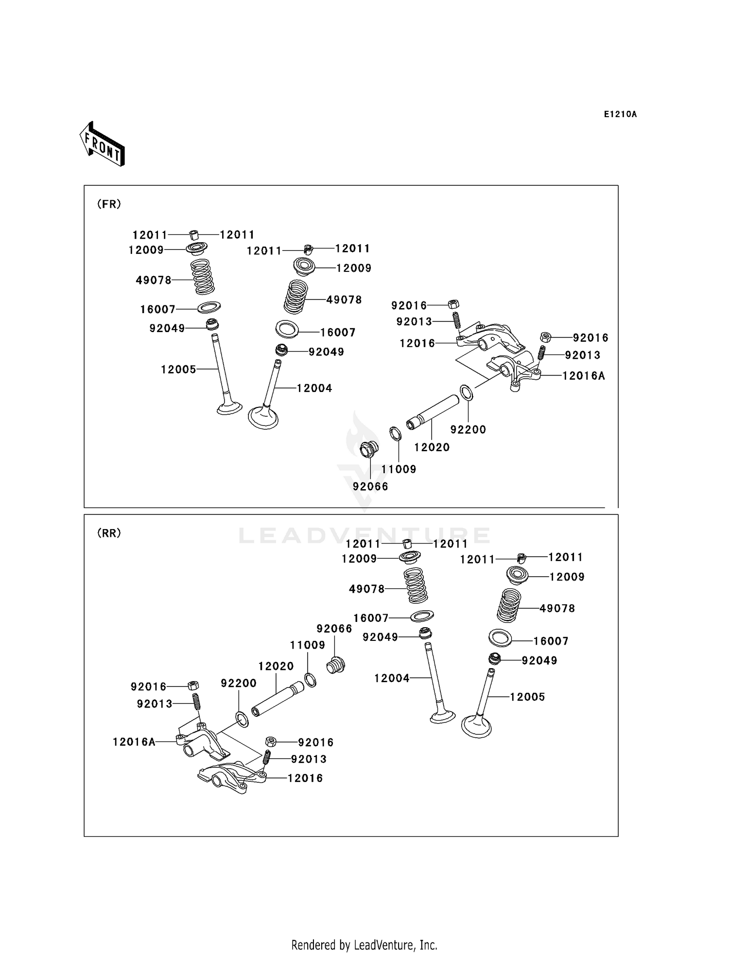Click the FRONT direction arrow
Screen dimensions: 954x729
[x=102, y=144]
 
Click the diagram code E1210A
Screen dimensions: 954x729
[x=620, y=115]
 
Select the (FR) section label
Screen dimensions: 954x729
[x=109, y=204]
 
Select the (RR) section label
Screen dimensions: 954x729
[x=109, y=533]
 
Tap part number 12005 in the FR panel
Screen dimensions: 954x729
[x=178, y=370]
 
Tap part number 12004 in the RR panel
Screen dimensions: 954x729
[x=392, y=678]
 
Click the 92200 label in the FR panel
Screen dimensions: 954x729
[x=468, y=429]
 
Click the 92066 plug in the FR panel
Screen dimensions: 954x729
[x=369, y=449]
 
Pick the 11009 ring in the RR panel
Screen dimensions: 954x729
[x=311, y=680]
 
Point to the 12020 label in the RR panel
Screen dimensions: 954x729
[x=276, y=666]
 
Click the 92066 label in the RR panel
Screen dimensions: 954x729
[x=334, y=629]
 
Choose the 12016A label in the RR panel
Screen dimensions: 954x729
[x=134, y=742]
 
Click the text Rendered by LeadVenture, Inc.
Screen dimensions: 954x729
[x=364, y=945]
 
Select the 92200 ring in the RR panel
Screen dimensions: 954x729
[x=242, y=719]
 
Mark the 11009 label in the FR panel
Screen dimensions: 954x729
[x=399, y=469]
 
